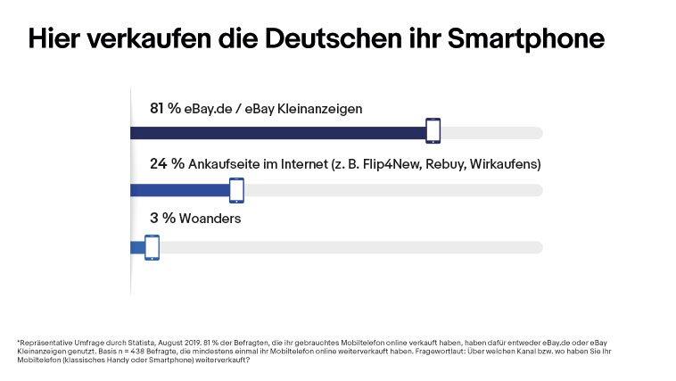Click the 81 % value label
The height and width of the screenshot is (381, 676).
point(165,109)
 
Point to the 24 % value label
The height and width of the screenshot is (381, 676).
point(166,164)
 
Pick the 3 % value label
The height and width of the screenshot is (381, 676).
point(161,219)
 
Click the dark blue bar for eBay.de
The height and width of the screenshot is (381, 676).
point(276,134)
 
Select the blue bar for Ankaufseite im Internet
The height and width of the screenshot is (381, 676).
point(178,190)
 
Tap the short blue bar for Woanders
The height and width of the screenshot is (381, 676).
point(137,247)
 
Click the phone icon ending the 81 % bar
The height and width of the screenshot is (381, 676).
point(433,130)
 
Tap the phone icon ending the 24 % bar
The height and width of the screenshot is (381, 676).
point(236,190)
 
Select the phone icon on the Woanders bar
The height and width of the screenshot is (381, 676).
point(152,247)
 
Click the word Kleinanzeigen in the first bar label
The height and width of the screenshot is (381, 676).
point(318,109)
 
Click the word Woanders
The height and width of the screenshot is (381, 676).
point(213,219)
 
